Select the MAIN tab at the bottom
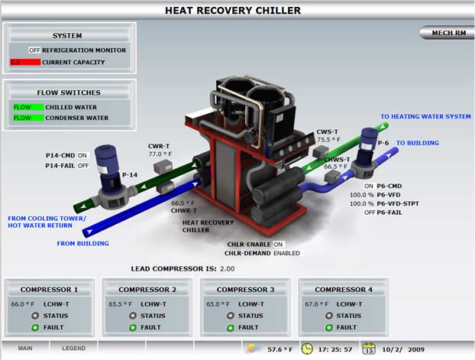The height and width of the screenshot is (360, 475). pos(25,349)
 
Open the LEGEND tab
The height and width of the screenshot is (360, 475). pos(74,349)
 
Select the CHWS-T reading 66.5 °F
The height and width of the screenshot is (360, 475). pos(336,166)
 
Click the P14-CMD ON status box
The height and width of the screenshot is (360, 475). pos(83,155)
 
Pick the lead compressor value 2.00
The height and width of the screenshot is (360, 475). pos(228,269)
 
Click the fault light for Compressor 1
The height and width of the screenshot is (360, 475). pos(35,328)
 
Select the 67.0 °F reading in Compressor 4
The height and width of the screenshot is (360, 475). pos(315,303)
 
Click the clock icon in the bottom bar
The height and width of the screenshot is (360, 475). pos(307,349)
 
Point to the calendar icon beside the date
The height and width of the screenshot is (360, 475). pos(370,349)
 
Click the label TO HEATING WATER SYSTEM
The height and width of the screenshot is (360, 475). pos(425,117)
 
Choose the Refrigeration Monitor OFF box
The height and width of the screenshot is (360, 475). pos(34,50)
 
